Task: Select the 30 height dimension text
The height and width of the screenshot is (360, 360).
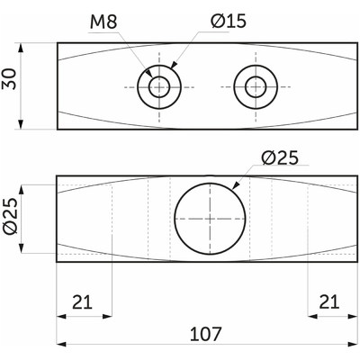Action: [11, 85]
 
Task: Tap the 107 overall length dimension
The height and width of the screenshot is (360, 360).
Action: [205, 334]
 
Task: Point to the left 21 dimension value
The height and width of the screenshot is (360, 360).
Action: [83, 303]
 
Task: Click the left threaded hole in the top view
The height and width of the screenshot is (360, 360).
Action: [160, 86]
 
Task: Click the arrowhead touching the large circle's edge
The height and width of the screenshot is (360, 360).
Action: [237, 185]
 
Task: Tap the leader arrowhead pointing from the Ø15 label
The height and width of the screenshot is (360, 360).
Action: [173, 67]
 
